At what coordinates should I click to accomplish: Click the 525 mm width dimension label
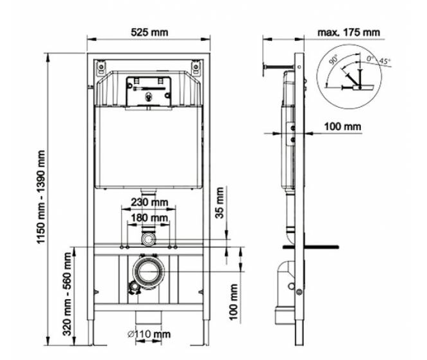coord(149,33)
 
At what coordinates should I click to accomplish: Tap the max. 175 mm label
coord(349,33)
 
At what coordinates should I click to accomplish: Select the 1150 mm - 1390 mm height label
coord(41,197)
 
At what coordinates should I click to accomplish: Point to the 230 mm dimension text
coord(149,202)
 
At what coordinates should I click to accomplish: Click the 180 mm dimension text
coord(149,218)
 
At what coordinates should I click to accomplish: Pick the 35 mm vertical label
coord(219,202)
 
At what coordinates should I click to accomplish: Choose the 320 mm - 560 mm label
coord(67,294)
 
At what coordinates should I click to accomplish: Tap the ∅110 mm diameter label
coord(149,334)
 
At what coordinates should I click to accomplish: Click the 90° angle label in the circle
coord(333,60)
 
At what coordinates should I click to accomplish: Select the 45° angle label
coord(385,61)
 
